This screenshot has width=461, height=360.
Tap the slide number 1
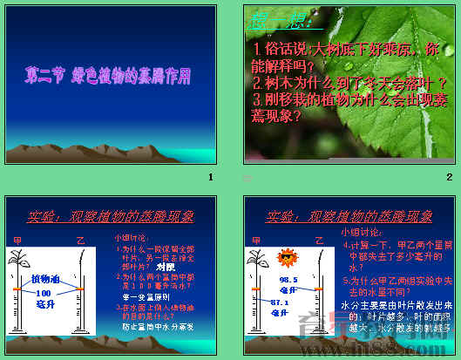tap(210, 177)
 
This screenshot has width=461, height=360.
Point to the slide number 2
tap(450, 177)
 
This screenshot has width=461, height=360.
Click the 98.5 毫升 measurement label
tap(290, 284)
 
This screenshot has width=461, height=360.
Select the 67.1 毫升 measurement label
tap(280, 306)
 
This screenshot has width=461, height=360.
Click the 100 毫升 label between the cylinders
tap(45, 299)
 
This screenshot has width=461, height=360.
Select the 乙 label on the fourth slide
tap(319, 239)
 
